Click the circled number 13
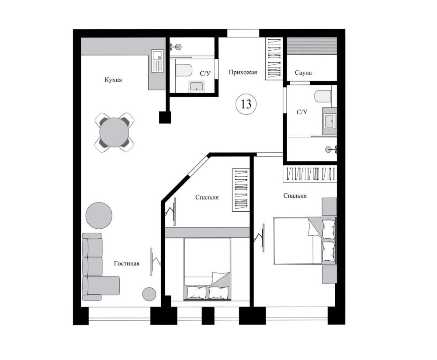tap(246, 104)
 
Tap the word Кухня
tap(113, 80)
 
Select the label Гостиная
tap(127, 263)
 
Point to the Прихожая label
tap(243, 72)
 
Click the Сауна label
tap(303, 73)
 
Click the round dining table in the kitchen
tap(114, 132)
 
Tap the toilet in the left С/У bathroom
tap(184, 70)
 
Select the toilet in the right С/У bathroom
tap(323, 96)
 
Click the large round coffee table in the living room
tap(99, 216)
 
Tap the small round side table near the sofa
tap(149, 294)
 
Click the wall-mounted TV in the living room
tap(152, 262)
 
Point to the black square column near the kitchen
tap(165, 117)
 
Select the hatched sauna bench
tap(312, 46)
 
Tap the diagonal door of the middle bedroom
tap(198, 166)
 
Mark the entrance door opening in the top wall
tap(243, 33)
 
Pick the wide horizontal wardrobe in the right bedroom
tap(309, 174)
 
